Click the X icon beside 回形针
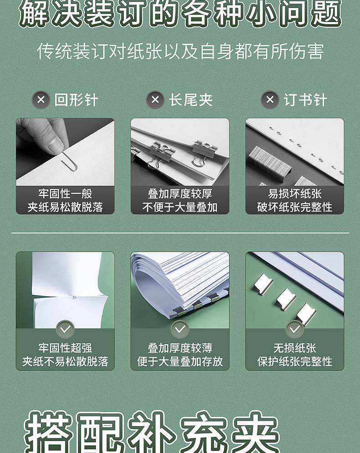click(x=41, y=100)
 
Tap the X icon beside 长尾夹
click(x=155, y=100)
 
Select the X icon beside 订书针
click(x=270, y=100)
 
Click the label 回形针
click(x=76, y=100)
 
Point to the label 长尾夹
click(x=190, y=100)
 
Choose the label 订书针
click(x=305, y=100)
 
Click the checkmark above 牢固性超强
click(x=65, y=329)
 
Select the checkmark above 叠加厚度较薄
click(x=180, y=329)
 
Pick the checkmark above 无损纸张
click(x=294, y=329)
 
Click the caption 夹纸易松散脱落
click(x=65, y=207)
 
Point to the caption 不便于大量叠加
click(x=180, y=207)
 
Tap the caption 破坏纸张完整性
click(x=295, y=207)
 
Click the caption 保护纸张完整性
click(x=295, y=361)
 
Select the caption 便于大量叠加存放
click(x=180, y=361)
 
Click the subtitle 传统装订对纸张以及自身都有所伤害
click(x=180, y=51)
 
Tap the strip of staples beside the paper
click(x=270, y=160)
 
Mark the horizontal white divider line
click(x=180, y=232)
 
